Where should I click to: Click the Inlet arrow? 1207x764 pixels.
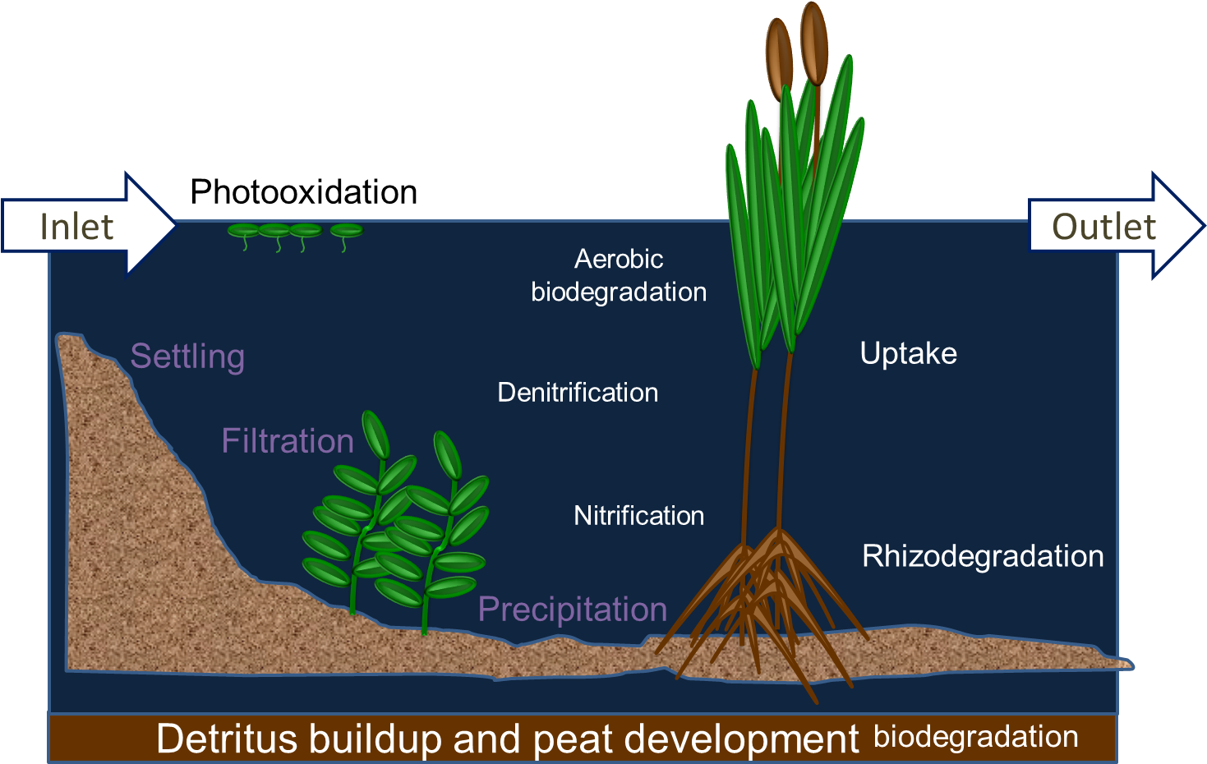(x=89, y=225)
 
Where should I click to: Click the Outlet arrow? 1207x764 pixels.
(x=1116, y=225)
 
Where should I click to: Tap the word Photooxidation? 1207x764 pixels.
(x=304, y=191)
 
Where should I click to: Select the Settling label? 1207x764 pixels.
(x=187, y=357)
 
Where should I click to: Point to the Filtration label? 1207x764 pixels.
(x=288, y=440)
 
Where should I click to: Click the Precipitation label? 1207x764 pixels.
(x=573, y=610)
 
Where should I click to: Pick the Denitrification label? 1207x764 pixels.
(x=578, y=392)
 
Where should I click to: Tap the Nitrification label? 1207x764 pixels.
(x=639, y=516)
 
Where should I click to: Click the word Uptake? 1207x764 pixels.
(x=909, y=354)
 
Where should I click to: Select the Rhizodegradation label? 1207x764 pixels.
(x=983, y=556)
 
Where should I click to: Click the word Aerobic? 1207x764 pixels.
(x=619, y=259)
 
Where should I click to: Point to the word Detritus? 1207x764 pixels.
(x=227, y=739)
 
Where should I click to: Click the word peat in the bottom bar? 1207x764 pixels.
(x=572, y=740)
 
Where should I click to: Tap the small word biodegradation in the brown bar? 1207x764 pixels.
(x=976, y=737)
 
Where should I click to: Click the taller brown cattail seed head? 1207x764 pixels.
(x=813, y=43)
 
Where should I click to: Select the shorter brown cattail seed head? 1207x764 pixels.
(x=779, y=60)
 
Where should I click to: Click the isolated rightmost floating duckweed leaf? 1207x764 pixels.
(x=347, y=231)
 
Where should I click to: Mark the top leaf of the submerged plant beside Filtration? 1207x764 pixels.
(x=375, y=435)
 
